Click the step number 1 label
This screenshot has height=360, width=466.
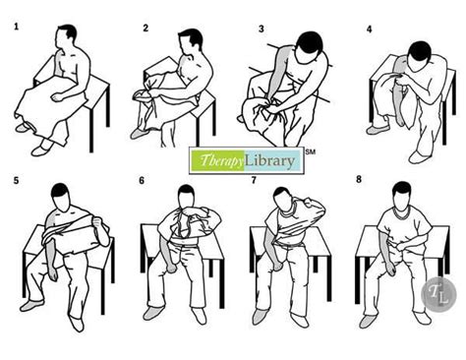pyautogui.click(x=16, y=27)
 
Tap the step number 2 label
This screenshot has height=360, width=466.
pyautogui.click(x=146, y=29)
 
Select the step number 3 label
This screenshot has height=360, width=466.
pyautogui.click(x=262, y=29)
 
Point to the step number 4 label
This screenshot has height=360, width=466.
pyautogui.click(x=370, y=30)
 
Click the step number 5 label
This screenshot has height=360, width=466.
pyautogui.click(x=16, y=180)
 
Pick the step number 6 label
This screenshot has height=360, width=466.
pyautogui.click(x=142, y=181)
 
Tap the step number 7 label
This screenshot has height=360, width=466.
pyautogui.click(x=254, y=180)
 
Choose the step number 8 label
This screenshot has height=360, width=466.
pyautogui.click(x=359, y=179)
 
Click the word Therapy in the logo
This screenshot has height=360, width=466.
pyautogui.click(x=221, y=160)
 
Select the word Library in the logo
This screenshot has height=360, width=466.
pyautogui.click(x=270, y=160)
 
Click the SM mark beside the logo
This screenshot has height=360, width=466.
pyautogui.click(x=311, y=151)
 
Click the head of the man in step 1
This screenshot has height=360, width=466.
pyautogui.click(x=66, y=37)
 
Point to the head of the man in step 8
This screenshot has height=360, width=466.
pyautogui.click(x=402, y=196)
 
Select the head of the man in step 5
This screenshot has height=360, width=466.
pyautogui.click(x=61, y=197)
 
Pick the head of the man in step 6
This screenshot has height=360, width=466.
pyautogui.click(x=187, y=197)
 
